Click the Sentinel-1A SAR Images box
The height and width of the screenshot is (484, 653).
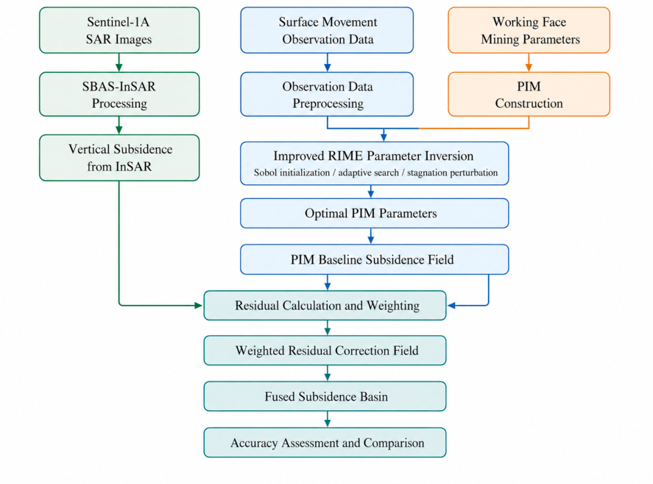(119, 30)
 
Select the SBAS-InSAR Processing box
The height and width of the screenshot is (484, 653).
(119, 94)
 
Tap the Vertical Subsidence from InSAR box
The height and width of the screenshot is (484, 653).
(119, 158)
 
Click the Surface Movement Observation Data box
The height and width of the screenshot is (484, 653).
(327, 30)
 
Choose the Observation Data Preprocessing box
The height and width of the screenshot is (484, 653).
(327, 94)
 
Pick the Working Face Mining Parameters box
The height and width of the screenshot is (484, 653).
(529, 30)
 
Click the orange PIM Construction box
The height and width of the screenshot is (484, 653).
(529, 94)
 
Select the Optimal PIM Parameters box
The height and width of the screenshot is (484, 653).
(375, 213)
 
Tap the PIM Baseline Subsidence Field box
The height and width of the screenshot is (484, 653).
(375, 259)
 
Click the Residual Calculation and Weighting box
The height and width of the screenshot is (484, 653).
(325, 305)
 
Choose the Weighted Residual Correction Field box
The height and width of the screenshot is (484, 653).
(325, 350)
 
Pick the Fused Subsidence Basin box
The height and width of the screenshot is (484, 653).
(325, 396)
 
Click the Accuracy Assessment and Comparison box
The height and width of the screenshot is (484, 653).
(325, 442)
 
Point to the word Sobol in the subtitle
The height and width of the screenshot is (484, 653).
(265, 172)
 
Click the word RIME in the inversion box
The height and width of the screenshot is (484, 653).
(346, 156)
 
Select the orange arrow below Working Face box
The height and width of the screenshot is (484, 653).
(529, 63)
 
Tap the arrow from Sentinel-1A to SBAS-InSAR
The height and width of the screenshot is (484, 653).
(119, 63)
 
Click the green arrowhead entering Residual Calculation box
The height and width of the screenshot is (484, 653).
(199, 305)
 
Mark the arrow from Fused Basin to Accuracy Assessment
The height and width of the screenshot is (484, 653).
(328, 419)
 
